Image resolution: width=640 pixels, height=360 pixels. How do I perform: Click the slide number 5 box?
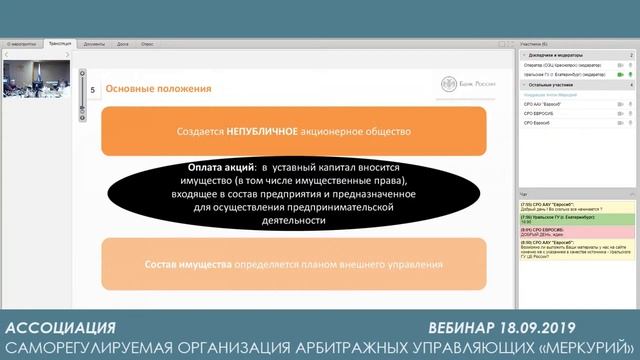92,89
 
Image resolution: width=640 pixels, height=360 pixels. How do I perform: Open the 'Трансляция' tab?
59,45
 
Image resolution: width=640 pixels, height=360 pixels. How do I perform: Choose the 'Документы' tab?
94,45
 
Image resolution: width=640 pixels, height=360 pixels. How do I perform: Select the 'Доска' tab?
122,45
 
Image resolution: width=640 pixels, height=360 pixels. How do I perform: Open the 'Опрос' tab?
147,45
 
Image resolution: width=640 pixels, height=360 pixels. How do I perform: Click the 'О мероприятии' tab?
22,45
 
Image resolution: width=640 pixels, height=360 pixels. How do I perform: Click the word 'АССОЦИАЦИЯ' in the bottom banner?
60,328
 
